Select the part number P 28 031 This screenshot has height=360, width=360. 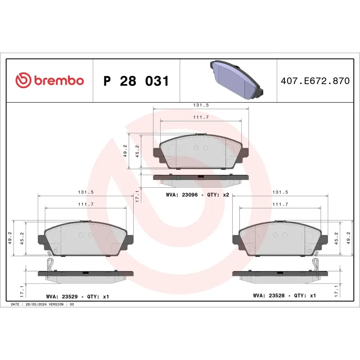(136, 81)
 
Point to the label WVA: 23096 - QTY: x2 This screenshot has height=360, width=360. (198, 195)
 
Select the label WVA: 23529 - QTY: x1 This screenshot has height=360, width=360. (77, 297)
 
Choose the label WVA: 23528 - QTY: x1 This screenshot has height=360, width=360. (285, 296)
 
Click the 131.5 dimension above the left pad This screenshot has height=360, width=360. (85, 192)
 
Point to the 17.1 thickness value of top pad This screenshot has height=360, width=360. (137, 195)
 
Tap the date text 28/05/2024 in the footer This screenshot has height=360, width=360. (37, 305)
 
